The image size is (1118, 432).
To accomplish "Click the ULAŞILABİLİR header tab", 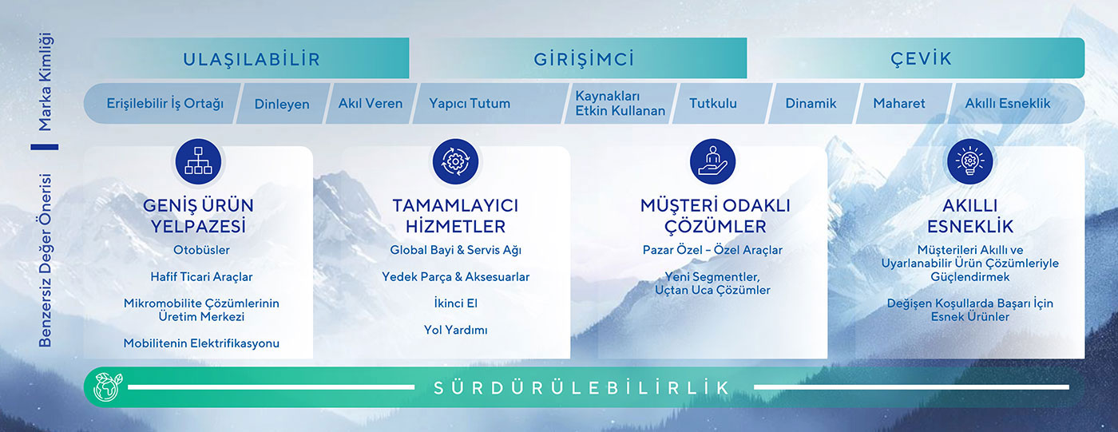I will coord(251,58).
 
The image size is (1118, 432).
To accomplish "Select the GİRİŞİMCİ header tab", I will coord(583,58).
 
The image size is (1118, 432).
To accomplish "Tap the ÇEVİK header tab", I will coord(921,58).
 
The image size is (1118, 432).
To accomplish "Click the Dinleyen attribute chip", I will coord(282,104).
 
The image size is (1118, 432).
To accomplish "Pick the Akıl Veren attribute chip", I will coord(371,103).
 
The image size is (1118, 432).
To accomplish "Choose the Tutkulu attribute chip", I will coord(713,103).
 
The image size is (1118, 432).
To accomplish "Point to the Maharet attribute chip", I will coord(899,103).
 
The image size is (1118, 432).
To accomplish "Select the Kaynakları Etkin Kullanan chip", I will coord(620,103).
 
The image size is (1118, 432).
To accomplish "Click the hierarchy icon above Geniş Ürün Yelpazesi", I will coord(198,161).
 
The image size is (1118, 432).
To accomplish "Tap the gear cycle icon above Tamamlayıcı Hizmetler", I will coord(455,161).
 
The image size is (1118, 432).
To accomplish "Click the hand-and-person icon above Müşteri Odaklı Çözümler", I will coord(712,161).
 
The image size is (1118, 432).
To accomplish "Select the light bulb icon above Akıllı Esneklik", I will coord(970,161).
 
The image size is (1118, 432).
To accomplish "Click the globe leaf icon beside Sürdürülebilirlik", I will coord(105,387).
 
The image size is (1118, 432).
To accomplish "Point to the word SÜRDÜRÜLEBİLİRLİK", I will coord(582,388).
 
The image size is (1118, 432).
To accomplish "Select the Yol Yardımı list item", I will coord(455,330).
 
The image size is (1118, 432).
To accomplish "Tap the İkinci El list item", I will coord(455,303).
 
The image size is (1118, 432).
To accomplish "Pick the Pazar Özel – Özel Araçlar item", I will coord(712,250).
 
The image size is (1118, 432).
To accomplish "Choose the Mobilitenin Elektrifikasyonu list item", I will coord(201,343).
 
